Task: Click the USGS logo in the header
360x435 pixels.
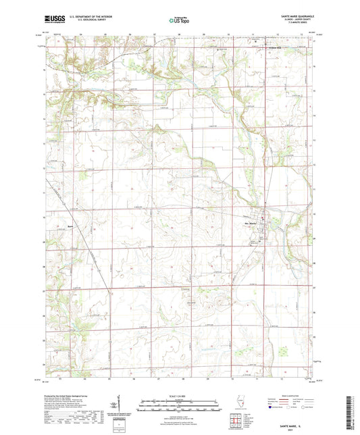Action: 52,20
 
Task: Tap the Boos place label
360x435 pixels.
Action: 59,226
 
